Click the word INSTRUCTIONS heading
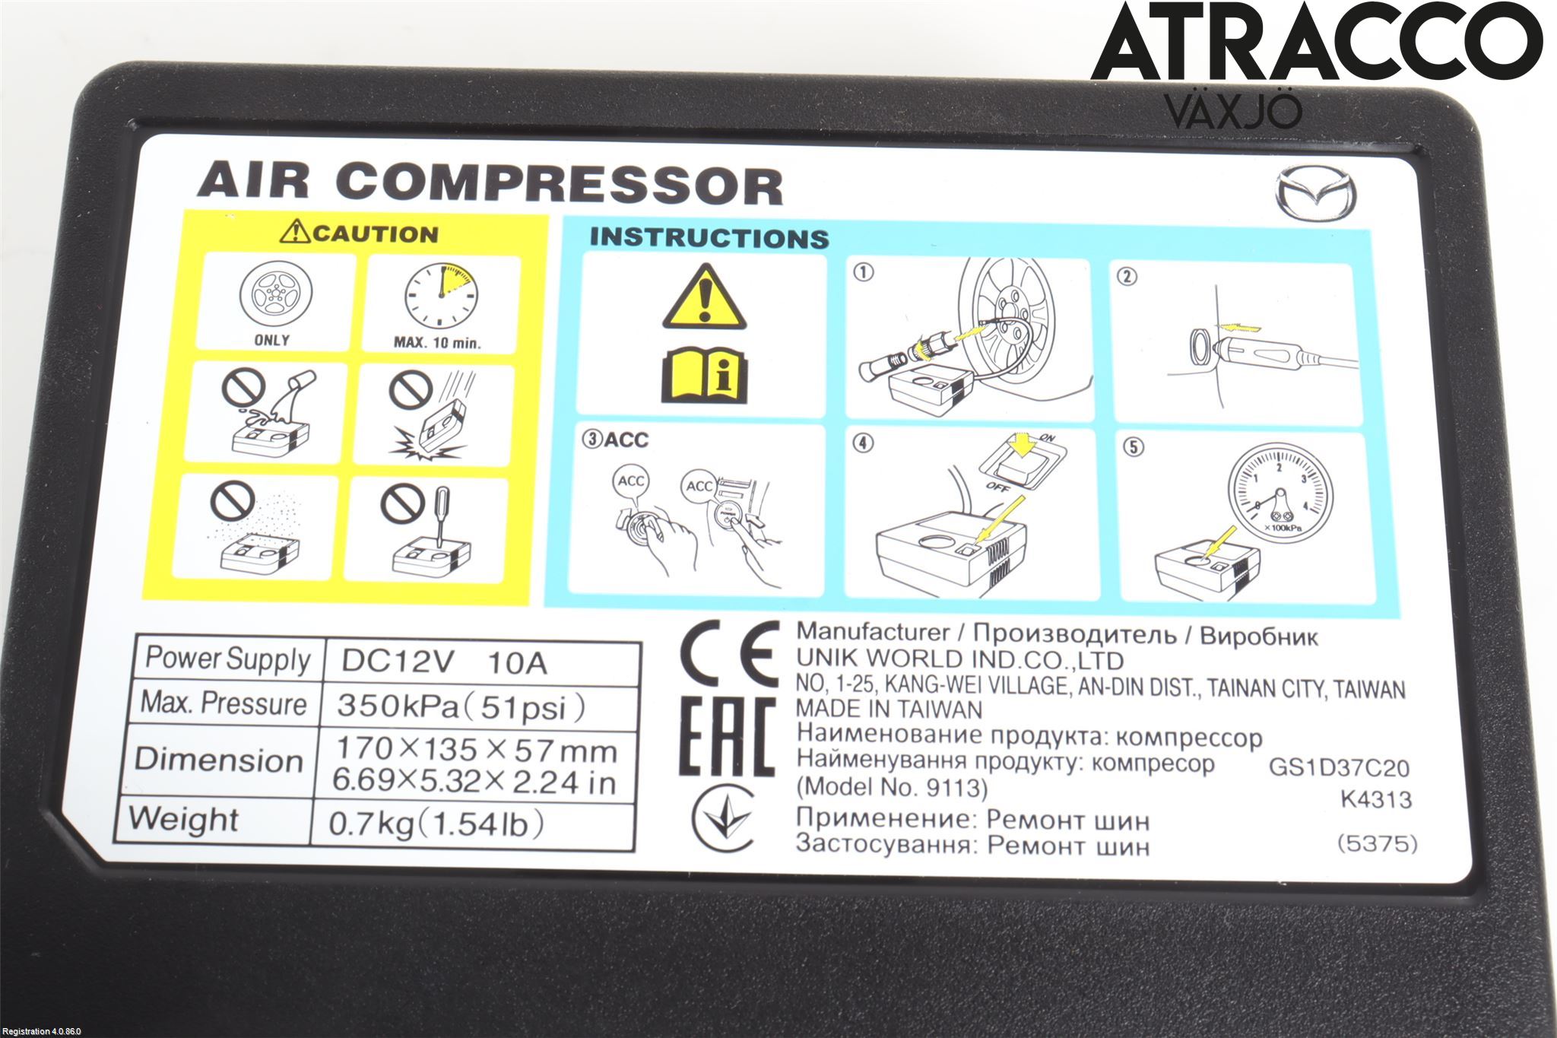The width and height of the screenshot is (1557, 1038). pos(709,237)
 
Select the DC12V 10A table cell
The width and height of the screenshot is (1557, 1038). pos(480,662)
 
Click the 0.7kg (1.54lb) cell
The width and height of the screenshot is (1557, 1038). pos(437,824)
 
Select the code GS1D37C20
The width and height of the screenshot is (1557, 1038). pos(1339,768)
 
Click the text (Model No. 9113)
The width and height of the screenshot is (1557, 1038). pos(892,787)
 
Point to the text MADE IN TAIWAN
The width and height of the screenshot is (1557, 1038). pos(889,709)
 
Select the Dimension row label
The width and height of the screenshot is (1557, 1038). pos(219,760)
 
